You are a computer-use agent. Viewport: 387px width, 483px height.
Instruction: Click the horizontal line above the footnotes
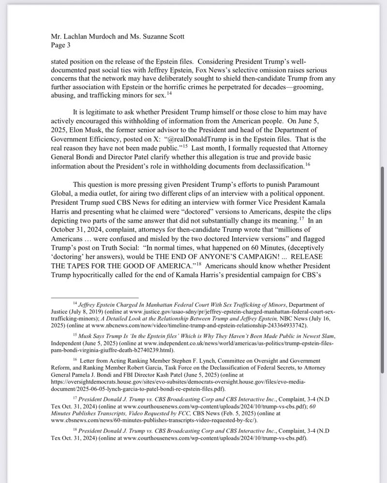[x=94, y=298]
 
